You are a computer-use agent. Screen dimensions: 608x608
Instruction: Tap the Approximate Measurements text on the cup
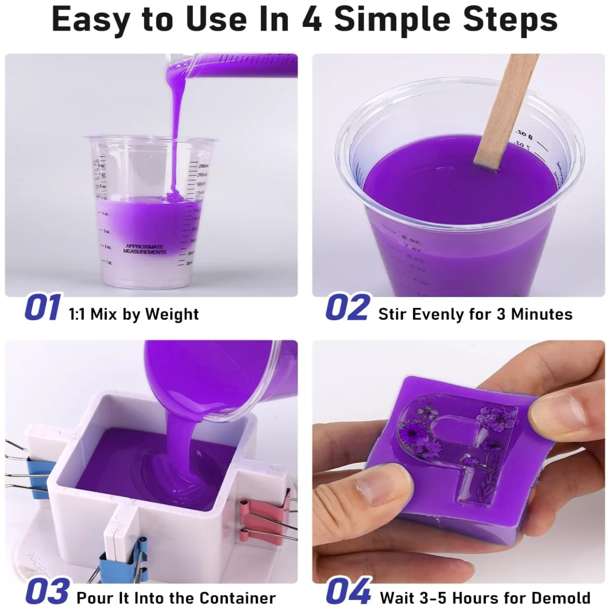coord(144,249)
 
